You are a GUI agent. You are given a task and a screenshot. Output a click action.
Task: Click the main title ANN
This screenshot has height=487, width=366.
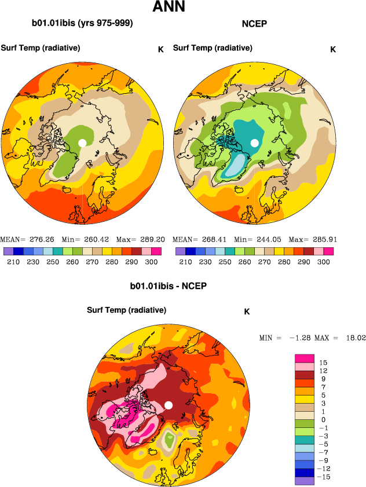point(169,8)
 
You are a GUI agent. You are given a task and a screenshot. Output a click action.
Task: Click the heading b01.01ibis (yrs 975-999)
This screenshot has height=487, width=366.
point(82,24)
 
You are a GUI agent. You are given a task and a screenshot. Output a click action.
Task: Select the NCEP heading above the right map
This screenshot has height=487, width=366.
point(254,24)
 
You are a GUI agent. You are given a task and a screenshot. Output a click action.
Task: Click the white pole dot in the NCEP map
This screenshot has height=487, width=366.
point(254,142)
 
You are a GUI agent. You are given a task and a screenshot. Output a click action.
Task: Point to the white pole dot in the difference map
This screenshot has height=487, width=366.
point(169,405)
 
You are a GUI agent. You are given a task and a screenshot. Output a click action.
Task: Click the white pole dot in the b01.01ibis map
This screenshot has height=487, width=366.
point(82,142)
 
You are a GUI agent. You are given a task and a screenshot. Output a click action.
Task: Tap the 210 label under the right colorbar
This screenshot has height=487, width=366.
point(185,262)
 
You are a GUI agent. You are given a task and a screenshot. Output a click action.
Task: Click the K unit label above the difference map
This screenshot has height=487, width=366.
point(247,312)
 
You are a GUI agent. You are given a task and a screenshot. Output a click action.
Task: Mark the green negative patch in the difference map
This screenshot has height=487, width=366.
point(169,441)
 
